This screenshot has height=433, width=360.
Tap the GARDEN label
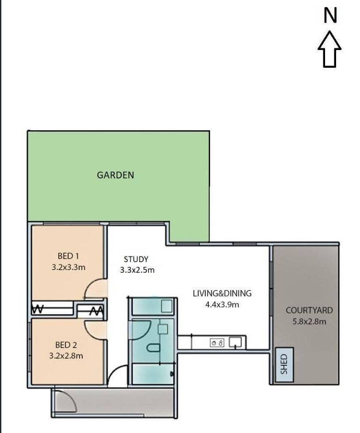(x=115, y=175)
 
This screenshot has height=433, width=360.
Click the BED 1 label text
(x=68, y=256)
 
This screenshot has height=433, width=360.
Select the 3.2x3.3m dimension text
(x=68, y=267)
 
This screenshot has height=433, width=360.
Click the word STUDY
(x=136, y=259)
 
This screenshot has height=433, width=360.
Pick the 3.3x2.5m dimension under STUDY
(x=137, y=270)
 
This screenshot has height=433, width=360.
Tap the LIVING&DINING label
(x=222, y=293)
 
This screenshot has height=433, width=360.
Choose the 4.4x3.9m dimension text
(x=222, y=304)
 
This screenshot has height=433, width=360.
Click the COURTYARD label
(x=309, y=310)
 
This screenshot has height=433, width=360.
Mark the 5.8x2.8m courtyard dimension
(x=309, y=321)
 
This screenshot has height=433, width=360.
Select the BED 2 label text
(x=66, y=344)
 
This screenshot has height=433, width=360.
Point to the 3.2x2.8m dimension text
(x=66, y=355)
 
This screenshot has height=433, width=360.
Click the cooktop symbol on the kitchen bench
(x=217, y=342)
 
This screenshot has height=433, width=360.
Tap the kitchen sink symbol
(x=235, y=342)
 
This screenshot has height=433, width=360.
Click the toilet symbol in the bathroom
(x=153, y=348)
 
